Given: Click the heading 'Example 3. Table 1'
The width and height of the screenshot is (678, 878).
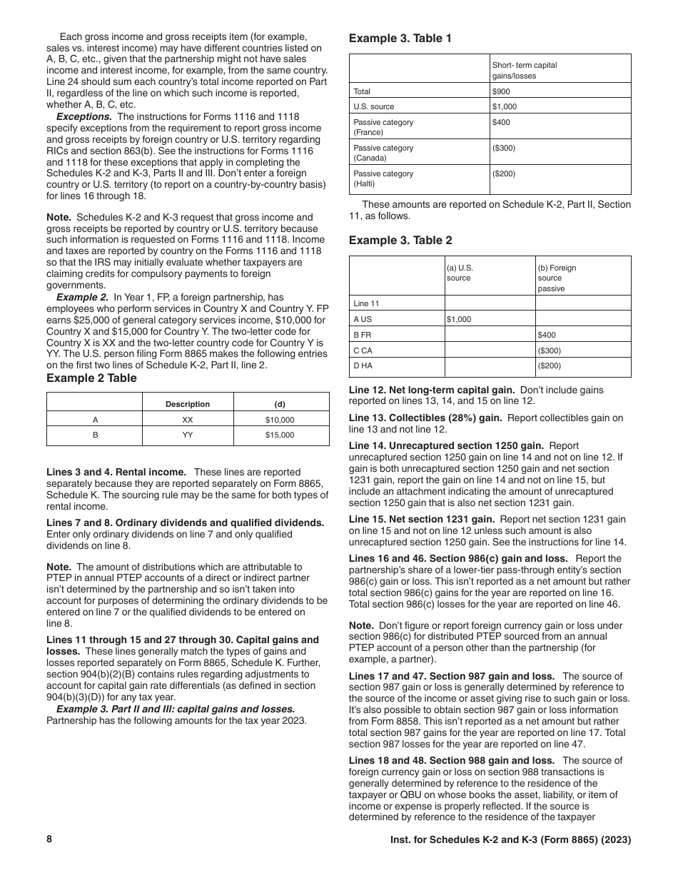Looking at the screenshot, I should tap(400, 39).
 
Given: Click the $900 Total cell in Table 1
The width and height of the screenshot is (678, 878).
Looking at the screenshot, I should tap(501, 91).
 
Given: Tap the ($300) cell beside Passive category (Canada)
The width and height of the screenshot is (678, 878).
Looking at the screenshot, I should tap(503, 148).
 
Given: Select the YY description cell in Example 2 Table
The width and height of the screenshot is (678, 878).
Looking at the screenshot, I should tap(188, 435).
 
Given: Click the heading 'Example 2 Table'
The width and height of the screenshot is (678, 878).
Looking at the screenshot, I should tap(91, 378).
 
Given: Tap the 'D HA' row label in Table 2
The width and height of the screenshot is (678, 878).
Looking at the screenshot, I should tap(363, 366).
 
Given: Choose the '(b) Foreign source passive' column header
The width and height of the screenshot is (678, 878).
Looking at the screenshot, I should tap(557, 278).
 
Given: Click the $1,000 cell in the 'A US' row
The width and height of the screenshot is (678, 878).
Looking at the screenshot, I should tap(459, 319).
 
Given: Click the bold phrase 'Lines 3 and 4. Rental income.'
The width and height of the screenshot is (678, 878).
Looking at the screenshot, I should tap(116, 472).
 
